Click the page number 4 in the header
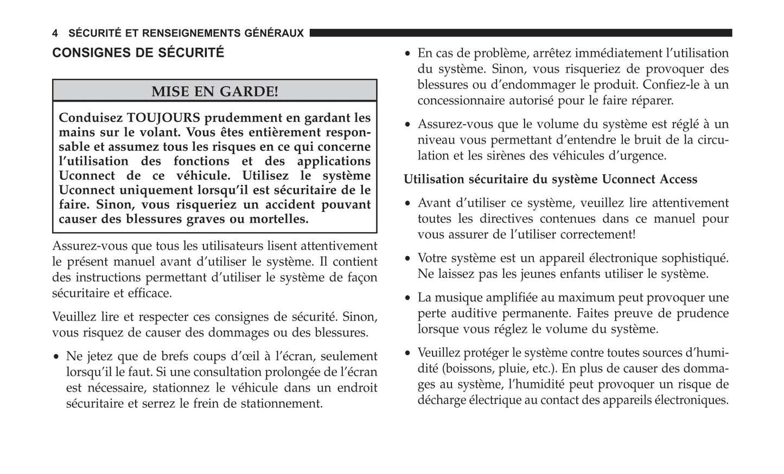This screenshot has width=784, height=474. coord(55,34)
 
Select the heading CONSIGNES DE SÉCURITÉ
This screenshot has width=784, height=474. coord(138,53)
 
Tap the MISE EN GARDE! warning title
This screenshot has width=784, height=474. coord(214,91)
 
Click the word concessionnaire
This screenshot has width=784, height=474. coord(459,100)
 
